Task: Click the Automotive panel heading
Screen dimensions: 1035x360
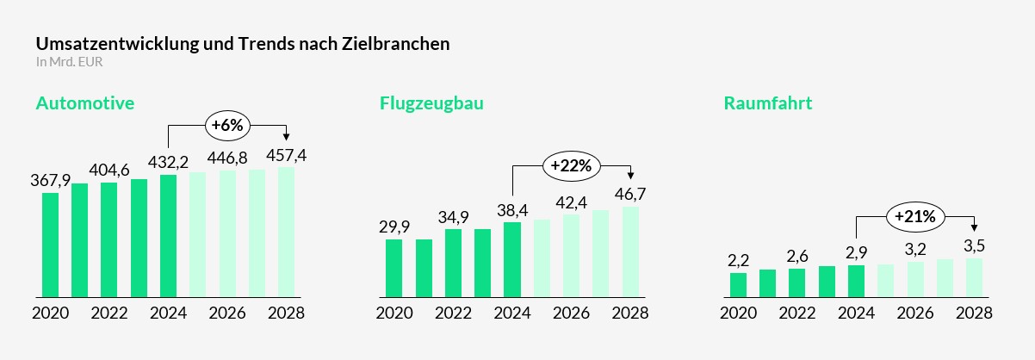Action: (x=85, y=103)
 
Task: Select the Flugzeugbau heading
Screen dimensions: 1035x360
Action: (x=431, y=103)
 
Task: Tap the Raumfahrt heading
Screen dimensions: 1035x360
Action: (x=768, y=103)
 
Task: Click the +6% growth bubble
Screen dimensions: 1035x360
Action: (x=227, y=125)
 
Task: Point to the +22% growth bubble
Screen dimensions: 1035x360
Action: (x=571, y=166)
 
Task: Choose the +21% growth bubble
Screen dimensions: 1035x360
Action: (x=915, y=216)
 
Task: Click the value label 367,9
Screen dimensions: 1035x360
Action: (x=50, y=180)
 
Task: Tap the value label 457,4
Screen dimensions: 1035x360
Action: (x=286, y=155)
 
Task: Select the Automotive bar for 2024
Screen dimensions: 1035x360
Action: (x=168, y=236)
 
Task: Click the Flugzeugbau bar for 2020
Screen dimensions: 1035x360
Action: (x=394, y=268)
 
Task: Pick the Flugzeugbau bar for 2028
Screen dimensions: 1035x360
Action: (x=630, y=251)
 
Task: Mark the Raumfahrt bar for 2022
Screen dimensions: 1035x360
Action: (x=797, y=282)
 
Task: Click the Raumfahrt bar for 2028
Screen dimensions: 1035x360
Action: (x=975, y=277)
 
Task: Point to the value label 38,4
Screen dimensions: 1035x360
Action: (x=512, y=211)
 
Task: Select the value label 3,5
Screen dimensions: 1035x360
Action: (x=975, y=245)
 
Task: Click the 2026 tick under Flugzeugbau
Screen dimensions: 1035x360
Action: (x=571, y=313)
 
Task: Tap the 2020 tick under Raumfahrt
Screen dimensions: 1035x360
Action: (x=738, y=313)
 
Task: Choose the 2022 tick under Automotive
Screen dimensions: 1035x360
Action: (x=109, y=313)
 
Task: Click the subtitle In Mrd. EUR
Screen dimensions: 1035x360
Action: (x=69, y=62)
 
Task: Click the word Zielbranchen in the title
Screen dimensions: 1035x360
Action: (x=395, y=43)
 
